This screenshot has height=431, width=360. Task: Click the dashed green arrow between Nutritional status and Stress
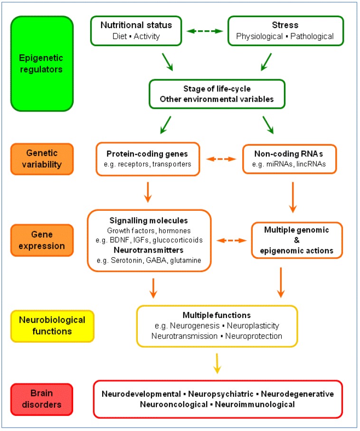pos(205,31)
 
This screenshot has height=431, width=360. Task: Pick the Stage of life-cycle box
pos(217,94)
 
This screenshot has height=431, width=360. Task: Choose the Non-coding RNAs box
pos(289,159)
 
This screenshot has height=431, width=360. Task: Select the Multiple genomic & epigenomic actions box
pos(296,240)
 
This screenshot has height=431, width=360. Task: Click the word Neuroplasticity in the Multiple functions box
pos(253,326)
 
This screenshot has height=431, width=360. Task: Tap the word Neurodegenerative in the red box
pos(301,394)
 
